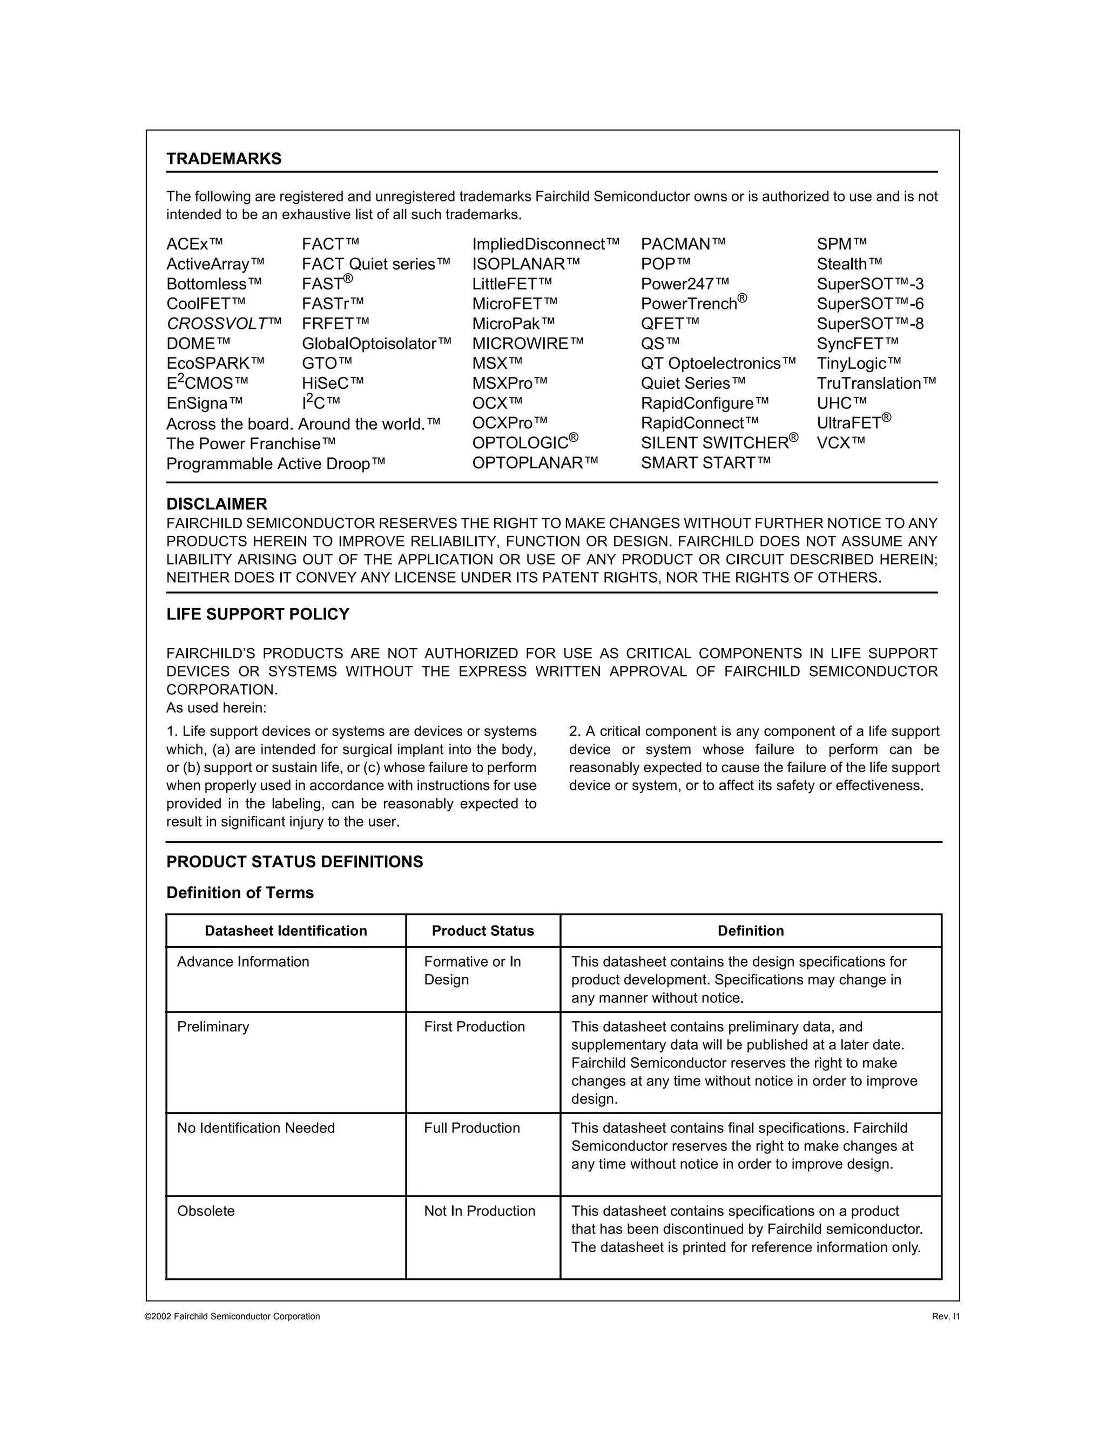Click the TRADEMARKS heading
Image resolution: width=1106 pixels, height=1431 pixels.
tap(224, 159)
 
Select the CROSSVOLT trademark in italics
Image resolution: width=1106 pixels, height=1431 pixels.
tap(224, 323)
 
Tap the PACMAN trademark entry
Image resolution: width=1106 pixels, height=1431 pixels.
tap(683, 245)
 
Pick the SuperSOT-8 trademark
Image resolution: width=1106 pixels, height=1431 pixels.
tap(869, 323)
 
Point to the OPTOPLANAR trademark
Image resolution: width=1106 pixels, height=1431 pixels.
tap(535, 463)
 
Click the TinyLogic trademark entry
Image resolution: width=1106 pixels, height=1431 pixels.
tap(858, 363)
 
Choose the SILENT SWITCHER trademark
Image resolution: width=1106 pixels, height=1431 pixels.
tap(719, 443)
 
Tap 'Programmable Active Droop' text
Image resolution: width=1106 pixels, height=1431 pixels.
tap(275, 464)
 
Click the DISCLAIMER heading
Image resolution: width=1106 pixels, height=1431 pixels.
tap(216, 504)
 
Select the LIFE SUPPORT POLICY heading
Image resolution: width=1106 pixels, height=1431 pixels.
tap(258, 614)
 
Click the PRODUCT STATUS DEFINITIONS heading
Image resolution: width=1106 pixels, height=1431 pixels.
tap(294, 862)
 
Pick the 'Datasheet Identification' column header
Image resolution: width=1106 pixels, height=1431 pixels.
tap(286, 931)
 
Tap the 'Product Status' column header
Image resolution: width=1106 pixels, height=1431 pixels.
tap(482, 931)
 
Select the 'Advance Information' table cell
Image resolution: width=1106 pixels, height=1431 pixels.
tap(242, 962)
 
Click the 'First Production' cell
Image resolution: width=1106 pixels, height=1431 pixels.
tap(474, 1027)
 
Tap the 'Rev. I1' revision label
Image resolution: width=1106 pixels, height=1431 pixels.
tap(945, 1317)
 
